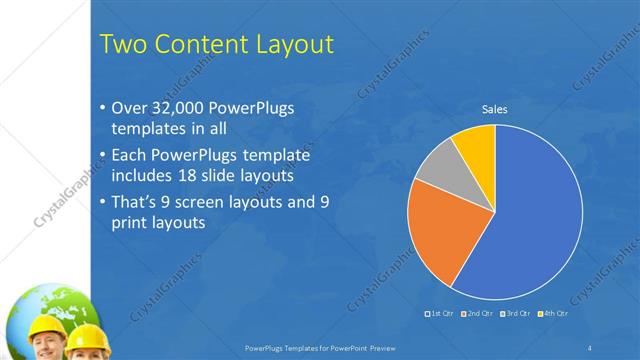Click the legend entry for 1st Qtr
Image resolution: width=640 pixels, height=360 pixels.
[441, 314]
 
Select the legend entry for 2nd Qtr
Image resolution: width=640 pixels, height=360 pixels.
[479, 314]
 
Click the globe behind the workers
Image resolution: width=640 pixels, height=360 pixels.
[30, 305]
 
